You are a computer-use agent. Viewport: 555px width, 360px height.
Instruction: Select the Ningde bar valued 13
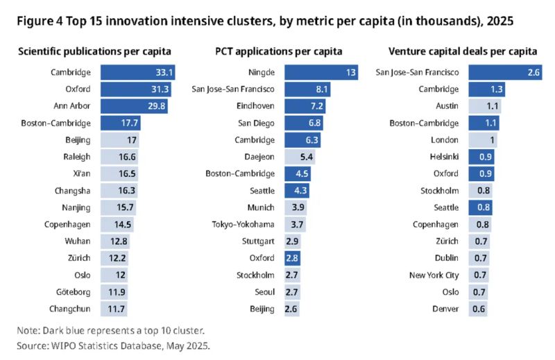click(321, 72)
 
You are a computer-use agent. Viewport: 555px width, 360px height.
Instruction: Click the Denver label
click(444, 309)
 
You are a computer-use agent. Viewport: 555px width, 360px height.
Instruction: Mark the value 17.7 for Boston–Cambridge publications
click(131, 123)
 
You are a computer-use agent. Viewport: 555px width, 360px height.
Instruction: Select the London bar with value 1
click(484, 139)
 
